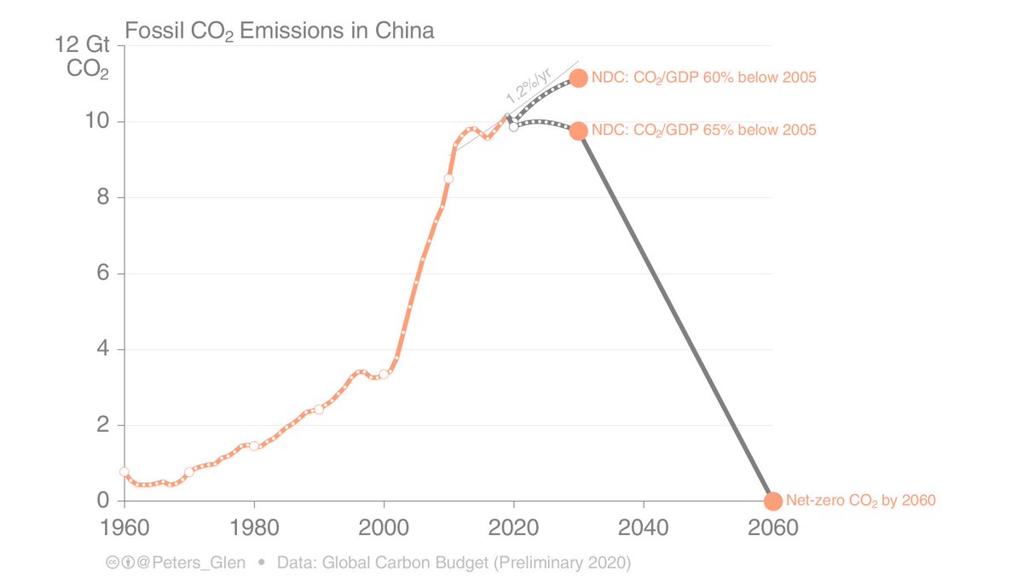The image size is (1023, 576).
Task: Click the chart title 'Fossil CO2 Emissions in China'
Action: (x=280, y=32)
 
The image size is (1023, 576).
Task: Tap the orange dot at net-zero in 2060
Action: (x=772, y=501)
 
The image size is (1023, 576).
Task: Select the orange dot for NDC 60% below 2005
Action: (x=578, y=78)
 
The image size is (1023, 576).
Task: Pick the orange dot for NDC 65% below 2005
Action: (x=578, y=131)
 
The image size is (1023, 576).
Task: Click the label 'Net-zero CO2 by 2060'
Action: (x=860, y=501)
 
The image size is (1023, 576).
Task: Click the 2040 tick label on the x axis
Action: (x=643, y=528)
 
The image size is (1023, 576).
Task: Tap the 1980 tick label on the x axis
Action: (x=254, y=528)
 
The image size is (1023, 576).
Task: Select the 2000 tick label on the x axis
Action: (x=384, y=528)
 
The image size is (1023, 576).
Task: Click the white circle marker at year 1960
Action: (x=124, y=471)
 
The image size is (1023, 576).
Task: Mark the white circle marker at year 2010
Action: (x=448, y=178)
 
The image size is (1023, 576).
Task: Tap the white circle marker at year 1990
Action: (x=319, y=409)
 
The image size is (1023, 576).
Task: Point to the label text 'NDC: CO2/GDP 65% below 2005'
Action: (x=704, y=131)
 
